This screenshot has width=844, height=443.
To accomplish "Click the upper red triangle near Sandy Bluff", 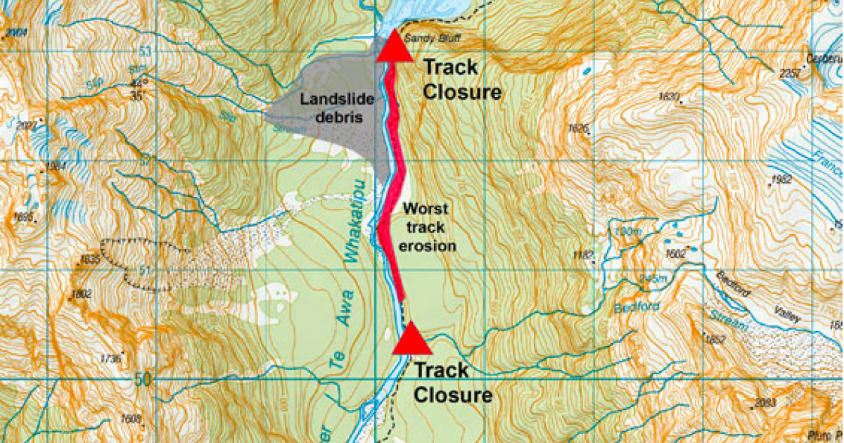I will coord(393,49).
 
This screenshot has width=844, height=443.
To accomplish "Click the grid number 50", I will coord(143,379).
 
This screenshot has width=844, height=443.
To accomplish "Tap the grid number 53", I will coord(146,51).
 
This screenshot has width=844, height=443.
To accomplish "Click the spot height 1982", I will coord(781,179).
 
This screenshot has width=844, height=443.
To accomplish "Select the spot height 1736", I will coord(111,359).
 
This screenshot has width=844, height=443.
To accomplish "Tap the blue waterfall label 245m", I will coord(651,280).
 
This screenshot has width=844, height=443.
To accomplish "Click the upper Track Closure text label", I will coord(461,79).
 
